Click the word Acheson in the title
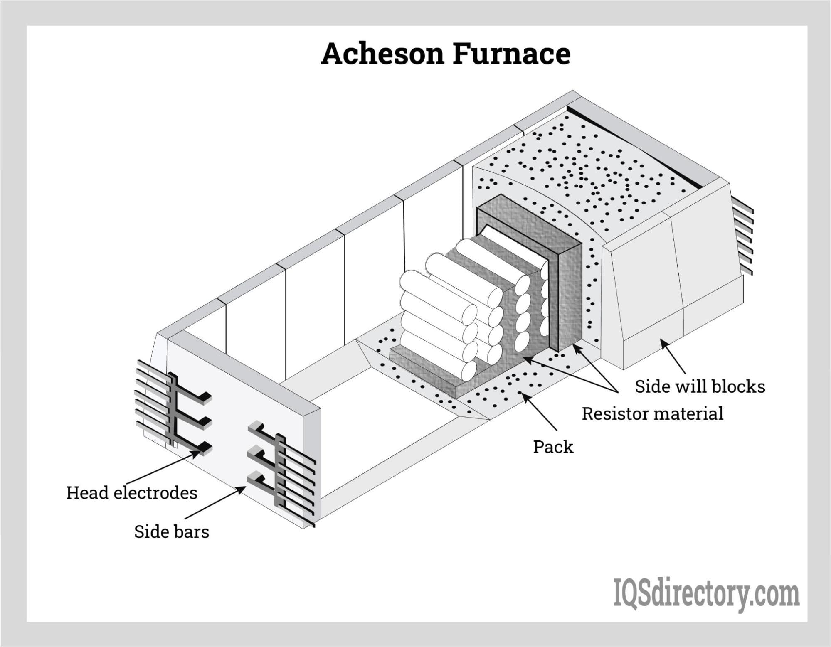(x=382, y=54)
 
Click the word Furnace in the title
(x=511, y=54)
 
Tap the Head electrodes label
(x=132, y=493)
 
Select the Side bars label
(x=171, y=532)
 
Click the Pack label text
(x=553, y=447)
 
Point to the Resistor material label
(x=652, y=414)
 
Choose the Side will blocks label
(x=700, y=387)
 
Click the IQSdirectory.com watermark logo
(x=706, y=595)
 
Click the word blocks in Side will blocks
(x=742, y=387)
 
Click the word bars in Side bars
(x=191, y=532)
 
